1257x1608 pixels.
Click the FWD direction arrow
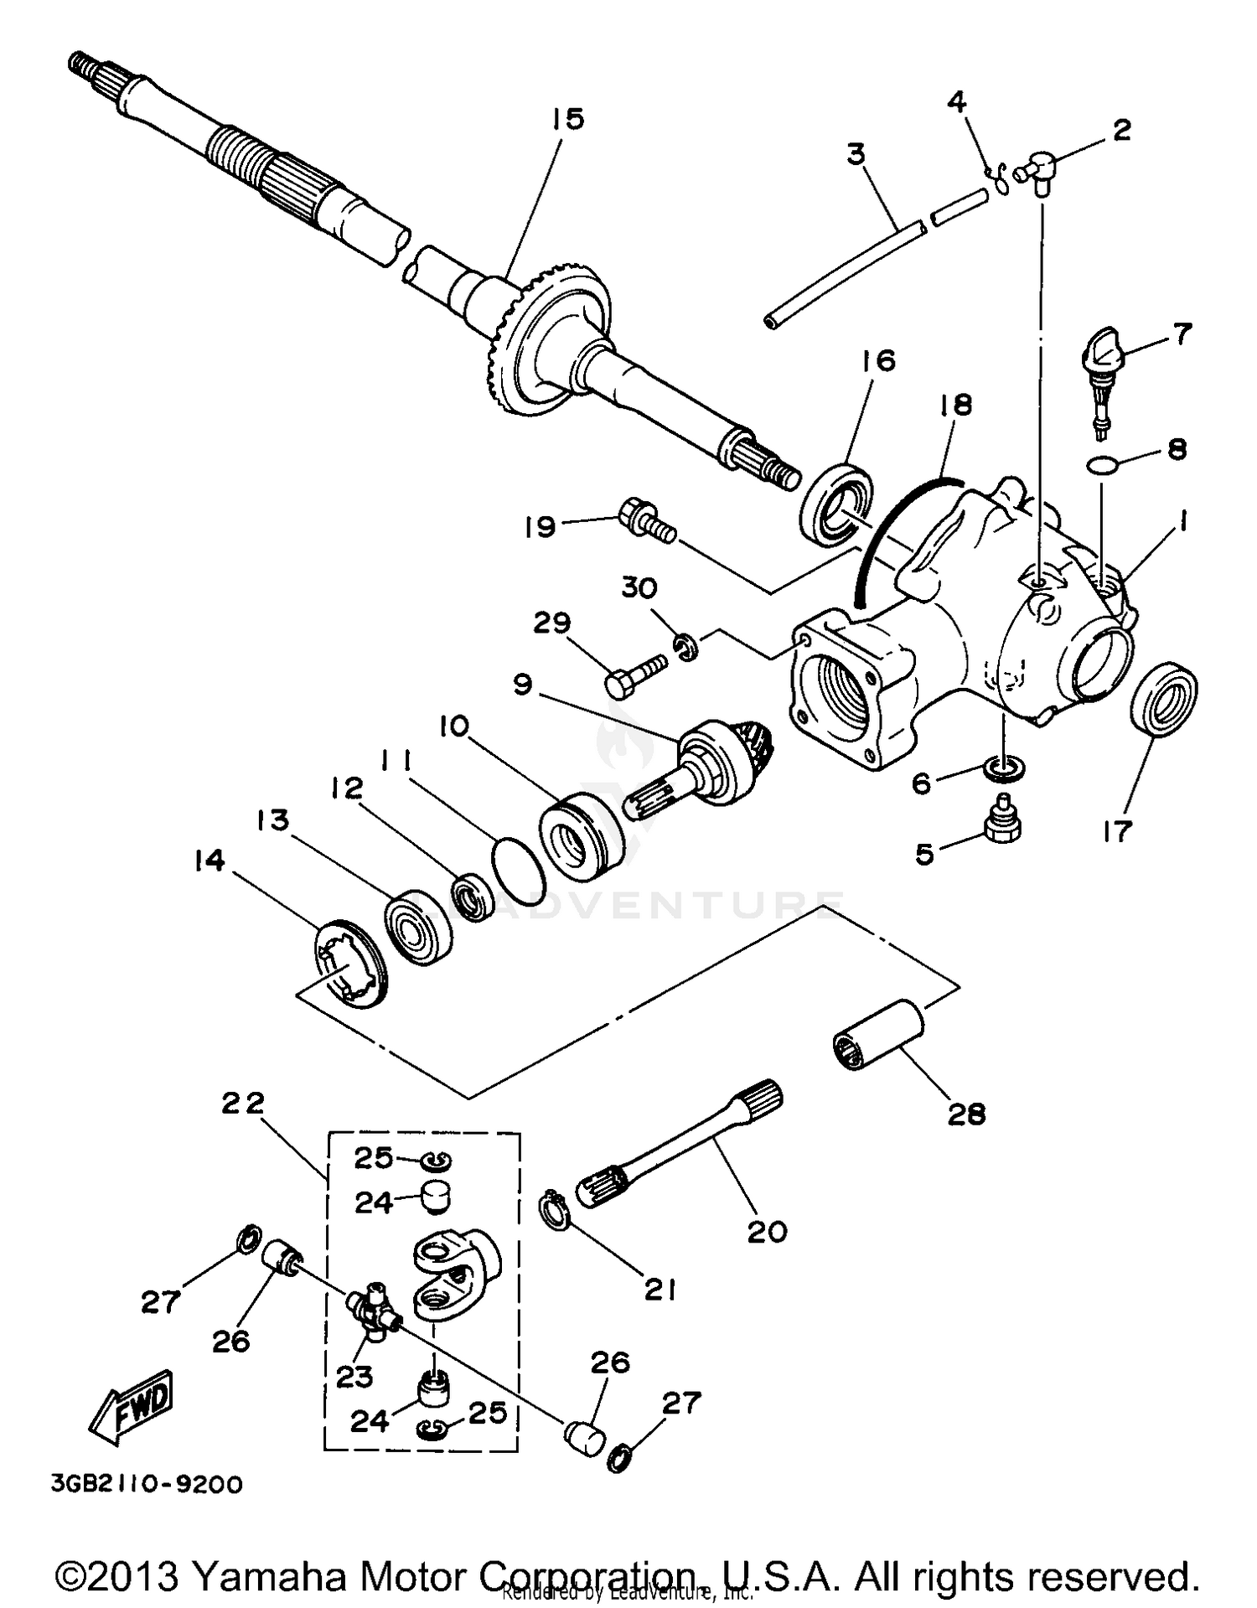pos(132,1408)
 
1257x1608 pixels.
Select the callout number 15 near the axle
pos(567,119)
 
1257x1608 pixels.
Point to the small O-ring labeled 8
pos(1100,463)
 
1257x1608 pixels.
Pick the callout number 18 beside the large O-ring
pos(954,406)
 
